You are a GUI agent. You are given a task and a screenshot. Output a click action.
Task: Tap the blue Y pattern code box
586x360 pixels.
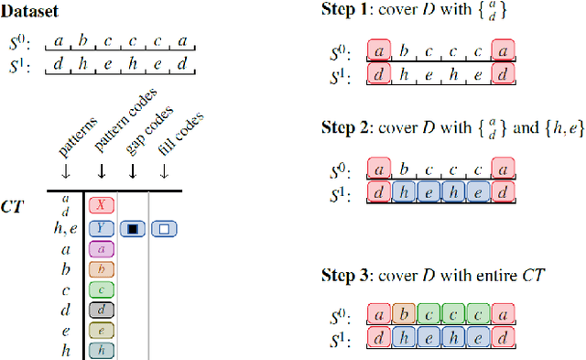pos(102,228)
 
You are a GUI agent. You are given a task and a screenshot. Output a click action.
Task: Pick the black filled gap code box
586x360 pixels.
pos(134,228)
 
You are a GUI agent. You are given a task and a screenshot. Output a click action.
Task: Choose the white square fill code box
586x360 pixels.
pos(164,228)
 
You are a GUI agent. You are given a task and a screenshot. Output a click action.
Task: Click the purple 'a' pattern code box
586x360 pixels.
pos(102,248)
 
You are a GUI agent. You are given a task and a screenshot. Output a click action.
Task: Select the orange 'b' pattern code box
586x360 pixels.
pos(102,268)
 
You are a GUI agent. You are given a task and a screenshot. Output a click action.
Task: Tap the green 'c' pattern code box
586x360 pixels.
pos(102,289)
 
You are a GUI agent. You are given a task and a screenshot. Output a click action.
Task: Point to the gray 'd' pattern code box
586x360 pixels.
pos(102,310)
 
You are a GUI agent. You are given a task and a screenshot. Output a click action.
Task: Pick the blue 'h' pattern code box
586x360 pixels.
pos(102,349)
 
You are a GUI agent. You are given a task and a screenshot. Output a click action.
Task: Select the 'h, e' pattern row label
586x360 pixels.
pos(64,228)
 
